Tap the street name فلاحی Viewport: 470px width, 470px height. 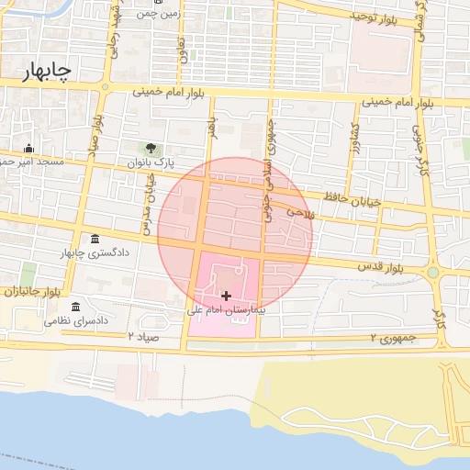300,214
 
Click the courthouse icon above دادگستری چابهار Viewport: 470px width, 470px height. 95,239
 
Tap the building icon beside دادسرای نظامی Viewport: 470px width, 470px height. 76,307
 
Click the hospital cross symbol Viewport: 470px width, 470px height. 227,296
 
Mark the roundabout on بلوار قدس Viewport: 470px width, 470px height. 433,272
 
